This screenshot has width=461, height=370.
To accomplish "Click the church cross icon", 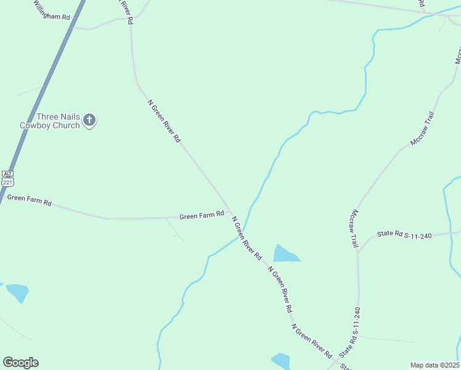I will [x=90, y=120].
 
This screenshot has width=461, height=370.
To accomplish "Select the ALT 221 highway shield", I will [x=7, y=179].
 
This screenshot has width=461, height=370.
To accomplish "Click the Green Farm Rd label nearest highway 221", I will [x=29, y=200].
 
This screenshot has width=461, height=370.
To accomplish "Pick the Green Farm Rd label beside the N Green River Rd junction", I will [x=201, y=216].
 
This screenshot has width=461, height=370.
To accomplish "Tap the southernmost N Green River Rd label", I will [x=312, y=341].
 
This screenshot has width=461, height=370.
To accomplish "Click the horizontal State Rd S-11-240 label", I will [x=406, y=234].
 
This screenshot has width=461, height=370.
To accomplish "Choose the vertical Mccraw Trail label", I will [x=354, y=228].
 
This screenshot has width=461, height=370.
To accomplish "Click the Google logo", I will [x=20, y=363].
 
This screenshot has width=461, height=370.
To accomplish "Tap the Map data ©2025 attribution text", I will [x=434, y=365].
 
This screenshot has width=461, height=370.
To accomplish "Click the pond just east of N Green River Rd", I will [x=285, y=253].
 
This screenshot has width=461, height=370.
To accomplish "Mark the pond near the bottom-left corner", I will [x=17, y=292].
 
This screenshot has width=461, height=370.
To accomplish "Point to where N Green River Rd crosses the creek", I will [x=243, y=231].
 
